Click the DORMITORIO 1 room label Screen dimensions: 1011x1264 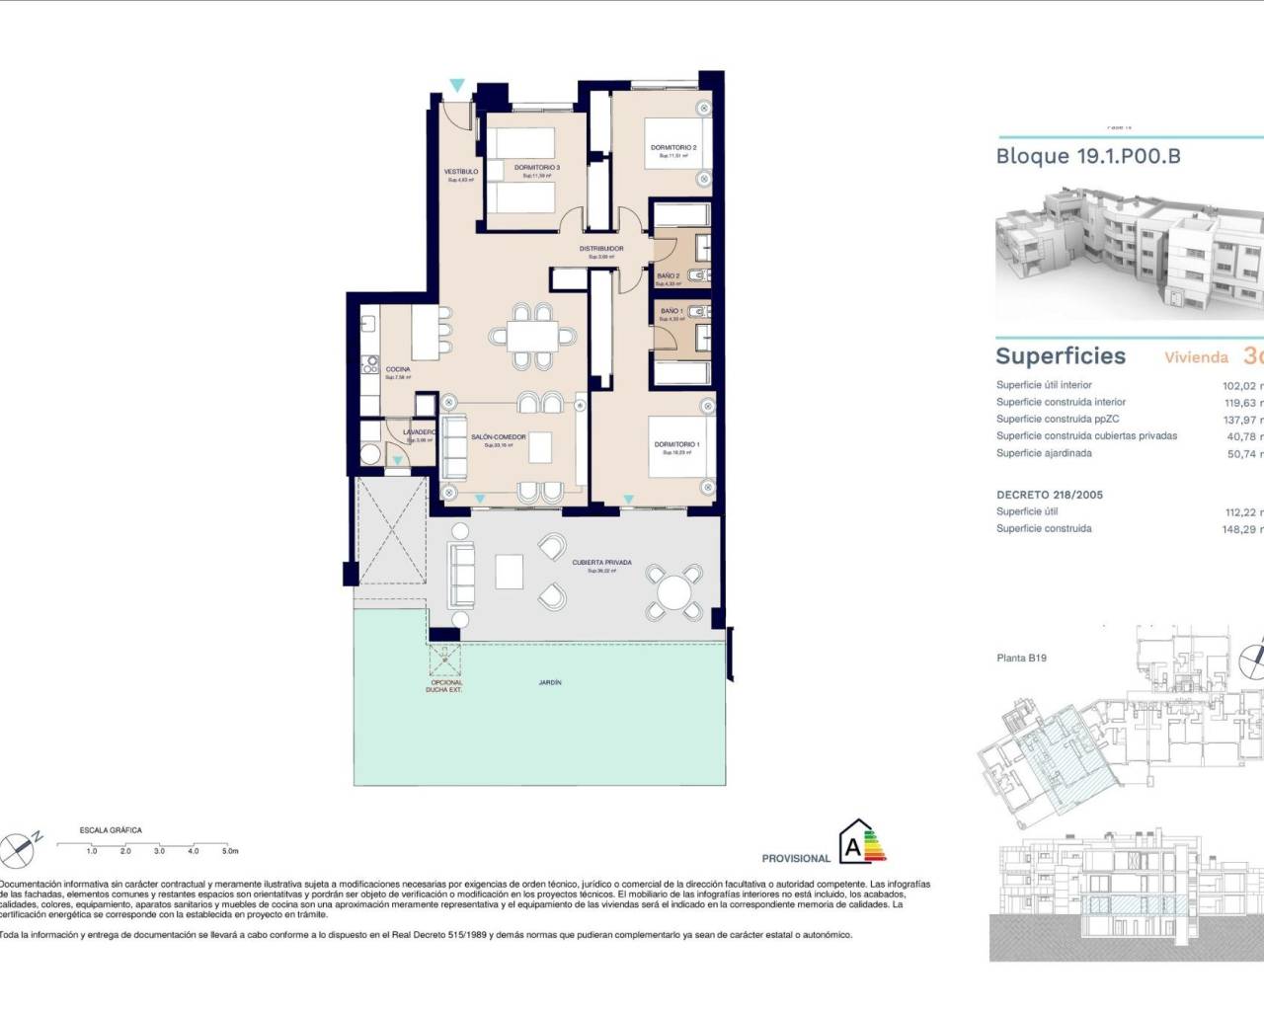pyautogui.click(x=676, y=445)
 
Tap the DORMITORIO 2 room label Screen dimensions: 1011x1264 pyautogui.click(x=673, y=148)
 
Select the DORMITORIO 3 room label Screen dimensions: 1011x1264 pyautogui.click(x=537, y=168)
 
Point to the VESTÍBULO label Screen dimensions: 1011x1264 pyautogui.click(x=460, y=172)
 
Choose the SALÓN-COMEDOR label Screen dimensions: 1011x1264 pyautogui.click(x=498, y=437)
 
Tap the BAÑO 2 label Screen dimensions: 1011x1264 pyautogui.click(x=668, y=276)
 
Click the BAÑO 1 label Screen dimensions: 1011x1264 pyautogui.click(x=671, y=311)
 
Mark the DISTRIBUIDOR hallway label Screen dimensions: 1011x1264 pyautogui.click(x=601, y=249)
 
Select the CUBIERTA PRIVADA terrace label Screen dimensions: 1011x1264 pyautogui.click(x=601, y=563)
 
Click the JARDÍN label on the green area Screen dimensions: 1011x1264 pyautogui.click(x=550, y=682)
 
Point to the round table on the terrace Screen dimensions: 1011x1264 pyautogui.click(x=674, y=593)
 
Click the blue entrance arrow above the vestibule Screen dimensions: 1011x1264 pyautogui.click(x=456, y=87)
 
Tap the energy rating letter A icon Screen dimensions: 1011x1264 pyautogui.click(x=851, y=845)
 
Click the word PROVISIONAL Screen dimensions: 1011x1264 pyautogui.click(x=796, y=859)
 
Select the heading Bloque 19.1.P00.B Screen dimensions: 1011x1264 pyautogui.click(x=1087, y=156)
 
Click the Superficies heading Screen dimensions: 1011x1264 pyautogui.click(x=1060, y=356)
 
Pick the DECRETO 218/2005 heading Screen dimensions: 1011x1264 pyautogui.click(x=1049, y=495)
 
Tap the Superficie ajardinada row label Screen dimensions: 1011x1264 pyautogui.click(x=1044, y=453)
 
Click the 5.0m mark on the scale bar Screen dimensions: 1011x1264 pyautogui.click(x=229, y=850)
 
